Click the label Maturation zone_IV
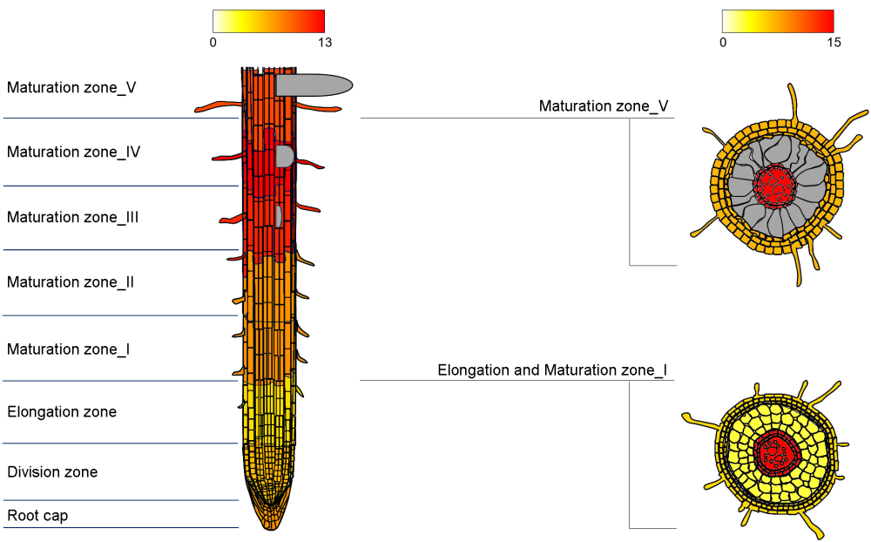[x=73, y=152]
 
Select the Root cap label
[x=37, y=516]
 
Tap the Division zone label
[x=52, y=472]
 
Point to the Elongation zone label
[x=62, y=412]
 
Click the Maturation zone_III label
[x=72, y=217]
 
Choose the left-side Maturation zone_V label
[x=71, y=87]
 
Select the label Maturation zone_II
[x=70, y=281]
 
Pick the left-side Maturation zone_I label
[x=68, y=349]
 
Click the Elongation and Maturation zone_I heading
[x=552, y=370]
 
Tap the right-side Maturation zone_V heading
[x=604, y=105]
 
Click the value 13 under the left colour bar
[x=325, y=42]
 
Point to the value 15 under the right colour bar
[x=834, y=42]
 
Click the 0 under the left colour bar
[x=213, y=42]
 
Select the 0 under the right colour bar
[x=723, y=42]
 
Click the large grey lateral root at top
[x=314, y=85]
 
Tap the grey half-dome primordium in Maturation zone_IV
[x=284, y=156]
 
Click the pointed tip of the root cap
[x=269, y=529]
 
